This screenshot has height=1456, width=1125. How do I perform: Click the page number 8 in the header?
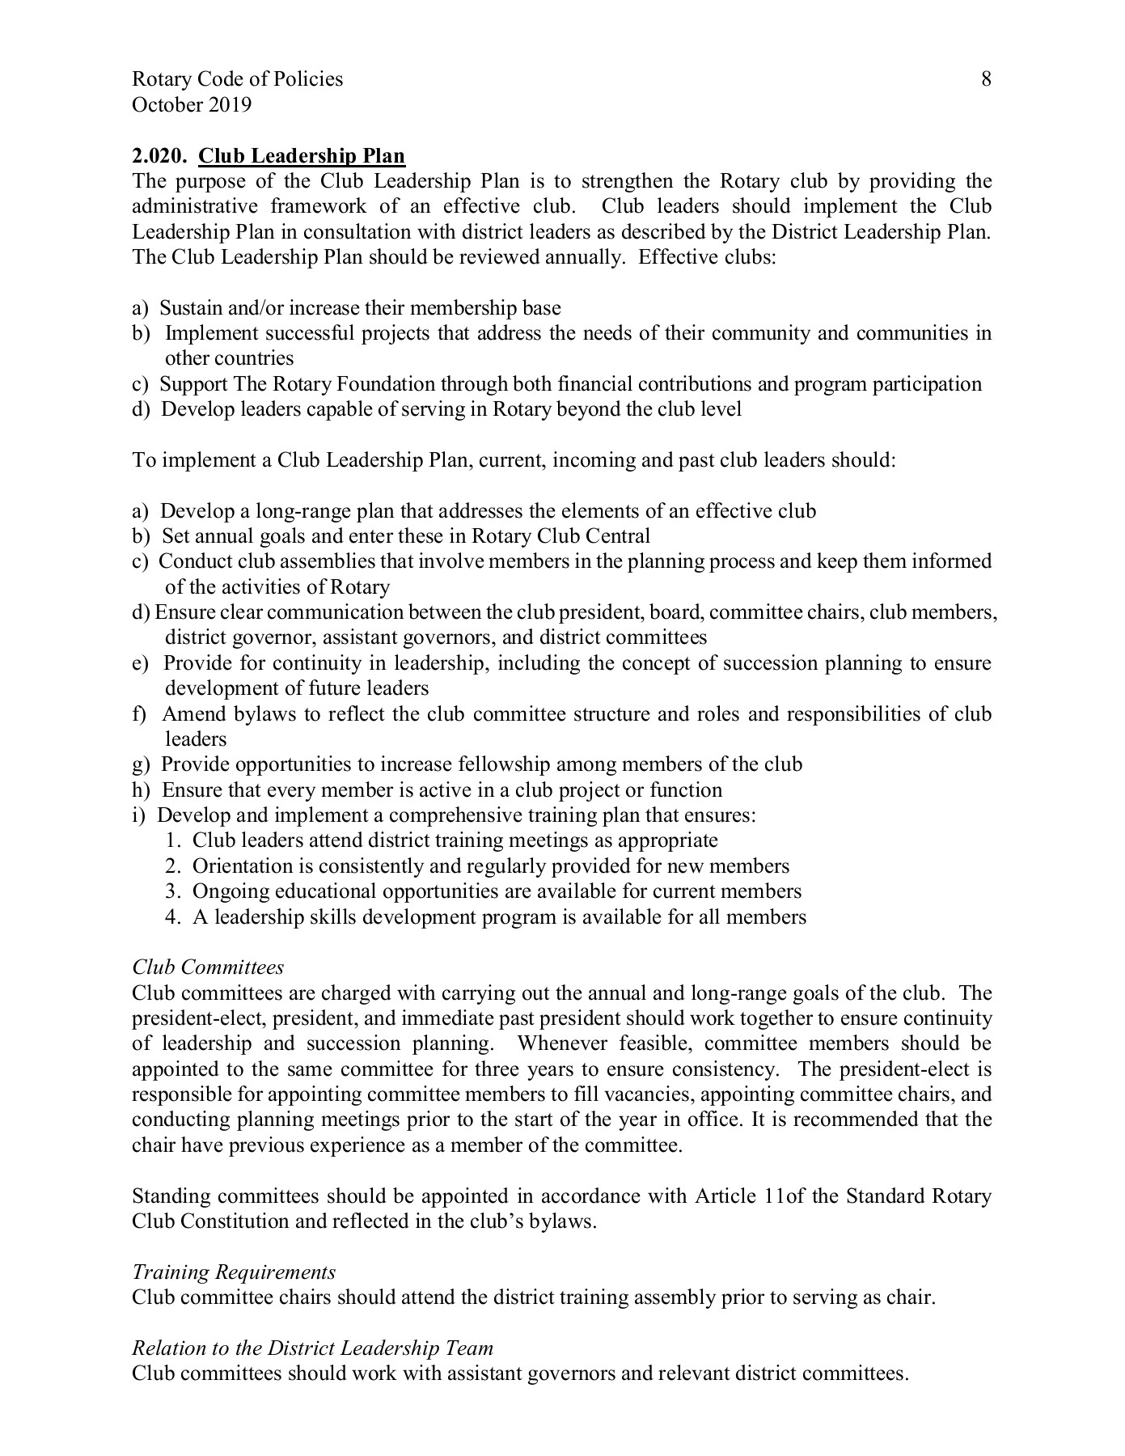tap(986, 79)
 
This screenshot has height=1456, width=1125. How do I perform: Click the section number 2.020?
tap(159, 155)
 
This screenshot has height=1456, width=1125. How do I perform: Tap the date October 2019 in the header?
tap(192, 104)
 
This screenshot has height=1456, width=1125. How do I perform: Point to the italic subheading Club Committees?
tap(208, 967)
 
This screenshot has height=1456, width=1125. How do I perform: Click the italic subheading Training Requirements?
tap(234, 1272)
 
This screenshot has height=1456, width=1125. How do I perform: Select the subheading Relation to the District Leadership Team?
tap(312, 1348)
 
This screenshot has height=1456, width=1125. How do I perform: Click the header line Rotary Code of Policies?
tap(237, 79)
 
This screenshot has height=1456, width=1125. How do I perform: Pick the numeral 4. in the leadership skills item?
tap(171, 917)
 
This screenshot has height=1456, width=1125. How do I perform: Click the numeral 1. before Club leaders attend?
tap(171, 841)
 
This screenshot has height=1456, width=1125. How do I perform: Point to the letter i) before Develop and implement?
tap(138, 815)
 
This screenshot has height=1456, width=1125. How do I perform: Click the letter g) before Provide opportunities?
tap(141, 764)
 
